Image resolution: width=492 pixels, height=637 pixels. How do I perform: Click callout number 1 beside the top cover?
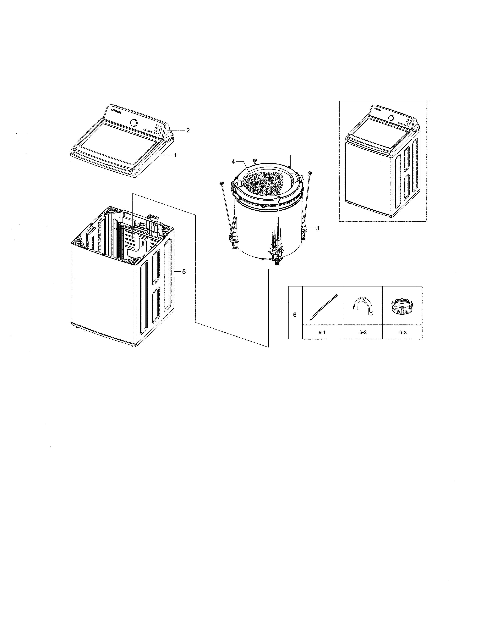175,155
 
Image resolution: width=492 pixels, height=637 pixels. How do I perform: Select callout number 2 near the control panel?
188,130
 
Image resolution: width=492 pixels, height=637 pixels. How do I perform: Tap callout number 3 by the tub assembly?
318,228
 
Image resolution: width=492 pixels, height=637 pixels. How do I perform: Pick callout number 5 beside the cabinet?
184,272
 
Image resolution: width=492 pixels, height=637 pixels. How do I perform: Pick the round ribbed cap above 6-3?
402,307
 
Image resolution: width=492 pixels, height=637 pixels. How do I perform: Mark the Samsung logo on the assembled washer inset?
378,110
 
